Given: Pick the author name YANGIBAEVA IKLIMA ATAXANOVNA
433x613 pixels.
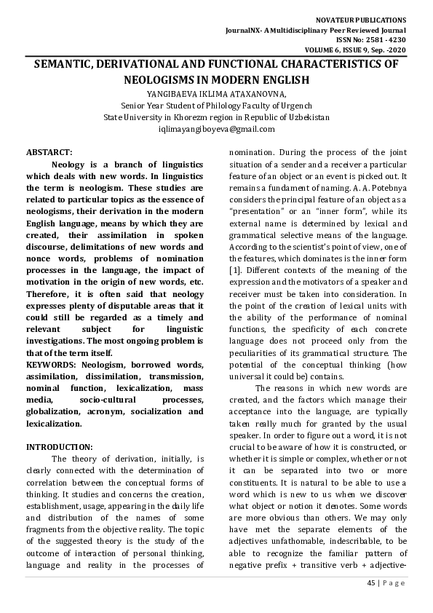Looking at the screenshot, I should tap(216, 93).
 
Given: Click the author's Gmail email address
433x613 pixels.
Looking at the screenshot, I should tap(216, 129).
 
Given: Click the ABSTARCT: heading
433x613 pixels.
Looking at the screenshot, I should tap(49, 152).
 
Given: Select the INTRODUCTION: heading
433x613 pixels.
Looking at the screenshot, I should tap(60, 446).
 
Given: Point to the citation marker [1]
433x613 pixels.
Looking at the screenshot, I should tap(235, 272).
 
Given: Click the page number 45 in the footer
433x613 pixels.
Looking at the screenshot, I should tap(370, 584).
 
